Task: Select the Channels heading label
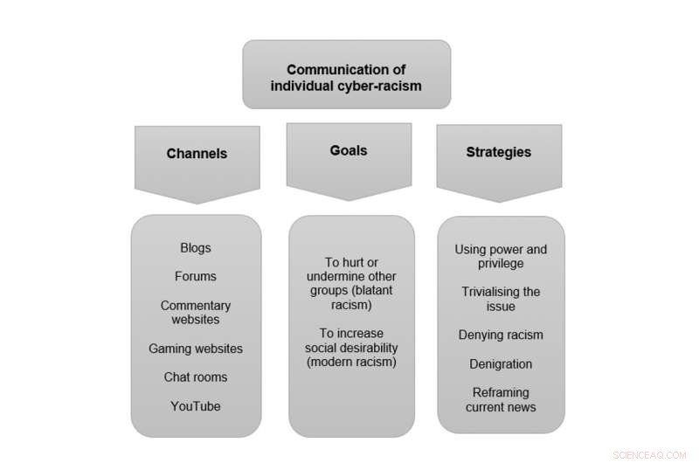(x=197, y=154)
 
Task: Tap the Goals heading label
(x=349, y=151)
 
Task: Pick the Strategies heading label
(x=498, y=152)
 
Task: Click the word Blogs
(x=196, y=248)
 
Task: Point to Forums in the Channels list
(x=196, y=277)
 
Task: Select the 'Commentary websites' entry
(x=196, y=313)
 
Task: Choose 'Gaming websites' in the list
(x=196, y=349)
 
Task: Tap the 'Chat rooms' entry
(x=196, y=377)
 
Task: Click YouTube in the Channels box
(x=196, y=406)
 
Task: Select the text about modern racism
(x=351, y=348)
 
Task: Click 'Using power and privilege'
(x=501, y=256)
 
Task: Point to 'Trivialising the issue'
(x=501, y=299)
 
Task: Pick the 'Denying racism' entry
(x=501, y=335)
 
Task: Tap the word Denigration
(x=501, y=363)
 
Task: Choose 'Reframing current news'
(x=501, y=399)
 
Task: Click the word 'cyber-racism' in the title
(x=382, y=86)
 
